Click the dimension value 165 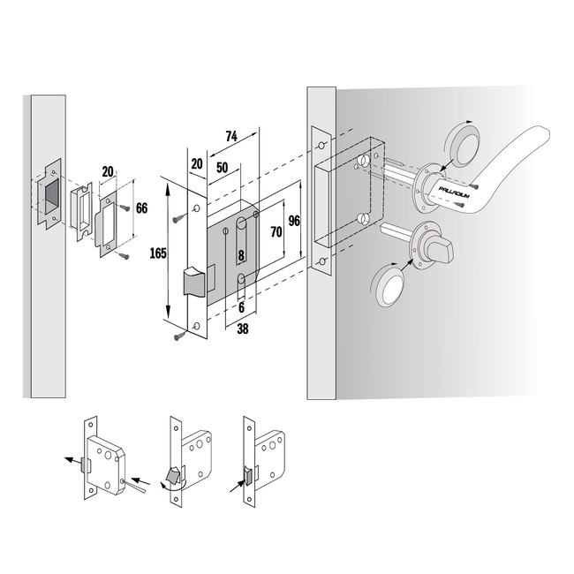(158, 253)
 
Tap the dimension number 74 (231, 137)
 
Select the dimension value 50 (222, 168)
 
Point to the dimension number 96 (294, 221)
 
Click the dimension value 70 (276, 231)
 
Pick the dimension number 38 (243, 329)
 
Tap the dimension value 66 (141, 208)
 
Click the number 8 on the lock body (241, 255)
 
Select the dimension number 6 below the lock (241, 307)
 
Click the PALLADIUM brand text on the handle (454, 193)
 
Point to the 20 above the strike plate (108, 171)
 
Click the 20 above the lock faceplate (197, 164)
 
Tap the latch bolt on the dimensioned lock (194, 281)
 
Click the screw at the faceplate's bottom (179, 336)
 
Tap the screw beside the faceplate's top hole (179, 218)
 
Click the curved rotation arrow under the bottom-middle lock (172, 486)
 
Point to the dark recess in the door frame (51, 197)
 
